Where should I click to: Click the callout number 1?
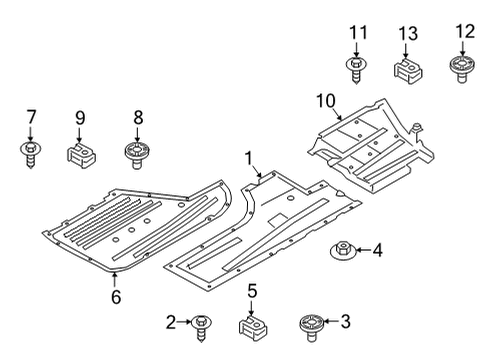coord(248,157)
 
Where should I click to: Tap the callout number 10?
coord(325,100)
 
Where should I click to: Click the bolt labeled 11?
coord(356,68)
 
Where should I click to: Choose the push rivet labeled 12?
coord(462,68)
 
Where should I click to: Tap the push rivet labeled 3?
coord(308,323)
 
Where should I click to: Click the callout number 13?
coord(405,34)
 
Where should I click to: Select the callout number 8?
coord(138,117)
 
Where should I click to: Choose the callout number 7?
coord(29,116)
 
